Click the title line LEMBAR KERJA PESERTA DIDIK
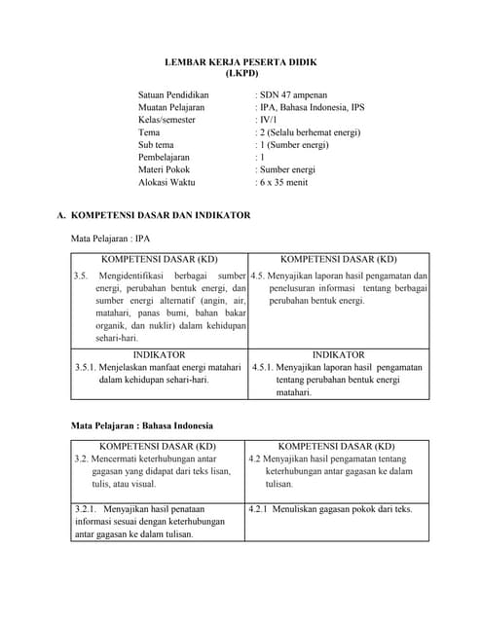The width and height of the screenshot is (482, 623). pyautogui.click(x=241, y=61)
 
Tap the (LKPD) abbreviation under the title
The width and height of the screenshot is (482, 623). pyautogui.click(x=241, y=73)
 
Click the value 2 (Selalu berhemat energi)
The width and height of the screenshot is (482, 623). pyautogui.click(x=307, y=132)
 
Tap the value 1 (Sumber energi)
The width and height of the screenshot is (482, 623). pyautogui.click(x=292, y=145)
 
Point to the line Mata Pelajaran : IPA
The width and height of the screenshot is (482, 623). pyautogui.click(x=111, y=238)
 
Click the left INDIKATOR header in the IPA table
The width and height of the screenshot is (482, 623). pyautogui.click(x=159, y=355)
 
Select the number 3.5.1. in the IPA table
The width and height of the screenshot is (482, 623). pyautogui.click(x=88, y=368)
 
